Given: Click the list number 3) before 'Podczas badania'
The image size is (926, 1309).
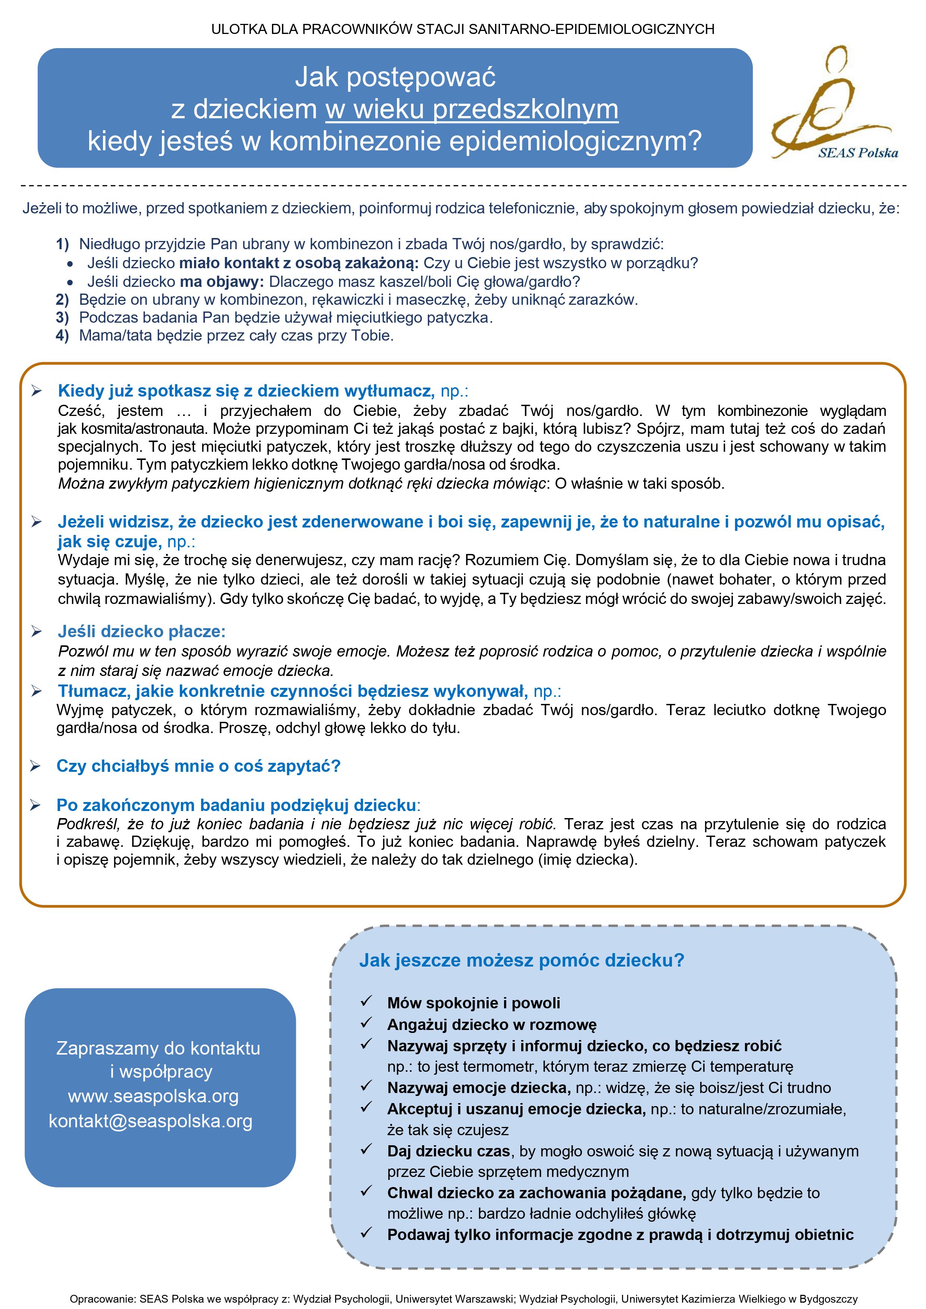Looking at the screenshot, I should coord(62,317).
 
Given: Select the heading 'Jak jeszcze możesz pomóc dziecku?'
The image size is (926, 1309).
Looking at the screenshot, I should coord(521,960).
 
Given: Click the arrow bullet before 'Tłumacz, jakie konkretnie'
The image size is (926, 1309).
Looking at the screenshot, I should coord(37,692).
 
